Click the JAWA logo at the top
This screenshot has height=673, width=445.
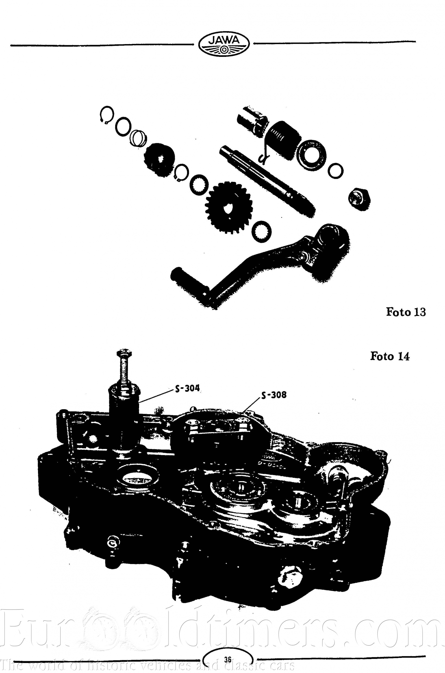(x=224, y=45)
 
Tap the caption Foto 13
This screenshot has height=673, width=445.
(x=406, y=312)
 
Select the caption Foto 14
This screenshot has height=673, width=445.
(x=390, y=356)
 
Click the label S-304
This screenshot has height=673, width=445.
(x=188, y=388)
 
